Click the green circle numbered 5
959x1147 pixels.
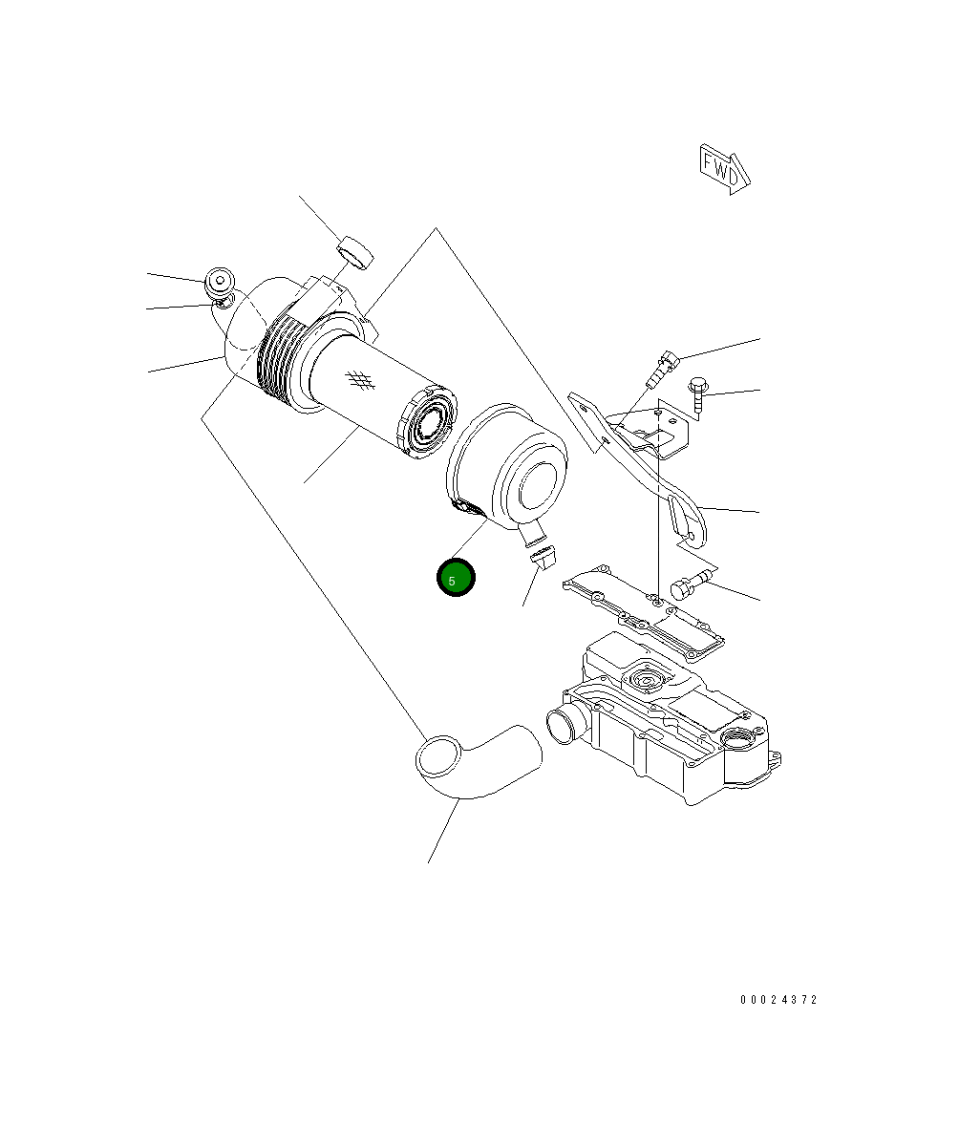click(456, 577)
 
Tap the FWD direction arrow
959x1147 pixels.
click(724, 169)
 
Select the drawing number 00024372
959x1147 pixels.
click(778, 999)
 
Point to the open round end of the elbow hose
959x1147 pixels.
click(438, 757)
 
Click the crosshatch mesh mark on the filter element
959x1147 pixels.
click(360, 378)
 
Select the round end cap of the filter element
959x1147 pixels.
click(426, 422)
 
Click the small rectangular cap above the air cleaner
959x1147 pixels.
click(355, 253)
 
